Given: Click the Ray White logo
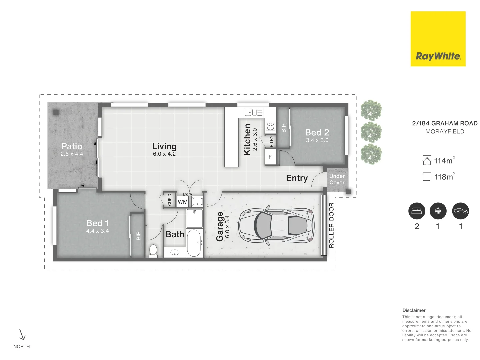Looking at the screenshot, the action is [438, 39].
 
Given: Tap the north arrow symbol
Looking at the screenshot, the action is [22, 334].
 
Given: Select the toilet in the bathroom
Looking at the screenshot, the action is [153, 250].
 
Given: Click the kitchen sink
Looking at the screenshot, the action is [253, 112].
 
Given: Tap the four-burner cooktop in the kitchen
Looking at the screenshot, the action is [270, 126].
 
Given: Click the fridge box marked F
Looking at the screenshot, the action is [270, 157].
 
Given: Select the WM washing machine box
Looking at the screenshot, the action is [183, 202].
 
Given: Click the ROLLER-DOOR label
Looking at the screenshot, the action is [331, 225].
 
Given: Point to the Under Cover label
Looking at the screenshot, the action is [337, 179].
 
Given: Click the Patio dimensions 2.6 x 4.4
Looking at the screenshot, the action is [72, 154].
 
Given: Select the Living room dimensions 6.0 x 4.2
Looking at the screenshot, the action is [164, 154].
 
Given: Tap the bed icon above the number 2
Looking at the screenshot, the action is [417, 211].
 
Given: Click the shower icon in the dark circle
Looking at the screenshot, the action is [438, 211].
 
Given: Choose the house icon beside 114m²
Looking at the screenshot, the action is [427, 160].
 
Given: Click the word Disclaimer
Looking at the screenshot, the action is [414, 310].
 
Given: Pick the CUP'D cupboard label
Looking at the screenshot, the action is [170, 200].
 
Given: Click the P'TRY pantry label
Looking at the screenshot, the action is [271, 141].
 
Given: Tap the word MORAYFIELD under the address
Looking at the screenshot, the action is [445, 132].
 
